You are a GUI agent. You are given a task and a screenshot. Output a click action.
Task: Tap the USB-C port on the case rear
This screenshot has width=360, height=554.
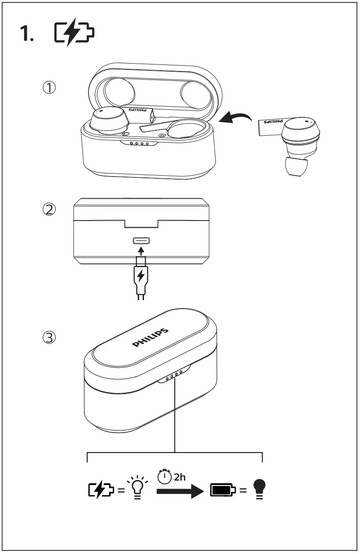pyautogui.click(x=141, y=241)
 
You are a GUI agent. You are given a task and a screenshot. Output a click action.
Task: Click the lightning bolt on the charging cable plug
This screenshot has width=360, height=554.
pyautogui.click(x=141, y=276)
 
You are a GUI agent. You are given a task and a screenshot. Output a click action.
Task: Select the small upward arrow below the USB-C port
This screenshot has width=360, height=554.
pyautogui.click(x=141, y=251)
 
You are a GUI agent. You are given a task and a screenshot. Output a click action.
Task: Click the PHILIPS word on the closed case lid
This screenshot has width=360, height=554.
pyautogui.click(x=151, y=338)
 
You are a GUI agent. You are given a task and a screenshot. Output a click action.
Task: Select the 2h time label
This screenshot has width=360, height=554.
pyautogui.click(x=180, y=477)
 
